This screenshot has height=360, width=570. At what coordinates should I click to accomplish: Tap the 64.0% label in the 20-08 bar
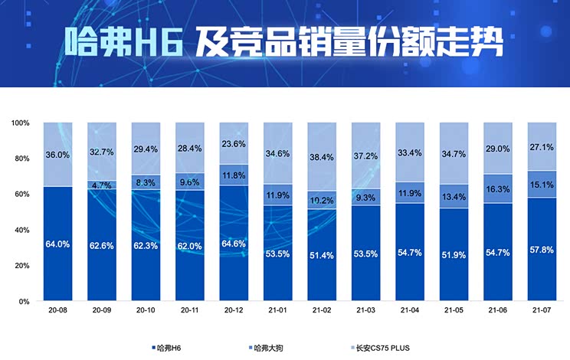tap(57, 244)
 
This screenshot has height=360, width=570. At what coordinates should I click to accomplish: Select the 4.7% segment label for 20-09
tap(102, 185)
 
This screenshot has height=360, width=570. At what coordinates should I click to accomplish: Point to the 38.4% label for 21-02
tap(321, 157)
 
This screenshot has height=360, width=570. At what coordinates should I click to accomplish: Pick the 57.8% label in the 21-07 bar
tap(541, 250)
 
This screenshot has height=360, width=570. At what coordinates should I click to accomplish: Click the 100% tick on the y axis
tap(21, 123)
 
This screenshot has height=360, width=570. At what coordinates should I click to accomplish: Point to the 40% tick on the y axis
tap(22, 230)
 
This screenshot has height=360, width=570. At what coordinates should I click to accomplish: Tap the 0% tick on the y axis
tap(25, 301)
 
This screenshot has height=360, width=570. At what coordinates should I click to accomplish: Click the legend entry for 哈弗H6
tap(169, 349)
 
